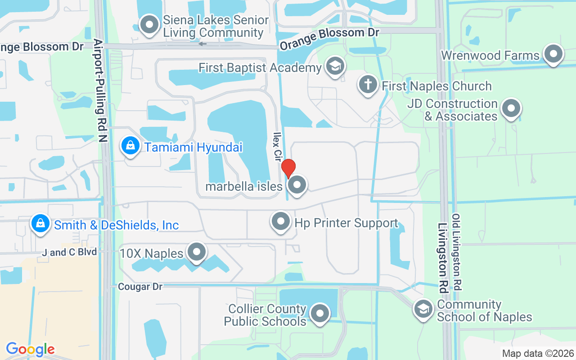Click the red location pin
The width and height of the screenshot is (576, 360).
288,168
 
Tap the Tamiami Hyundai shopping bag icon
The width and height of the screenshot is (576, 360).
130,146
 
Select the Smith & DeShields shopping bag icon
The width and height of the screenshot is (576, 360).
40,223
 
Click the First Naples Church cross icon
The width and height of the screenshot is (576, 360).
368,84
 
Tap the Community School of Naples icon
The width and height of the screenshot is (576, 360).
423,309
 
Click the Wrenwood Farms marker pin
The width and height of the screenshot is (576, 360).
553,54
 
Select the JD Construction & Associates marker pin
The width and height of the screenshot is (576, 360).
511,109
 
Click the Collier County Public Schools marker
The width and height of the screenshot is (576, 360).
320,313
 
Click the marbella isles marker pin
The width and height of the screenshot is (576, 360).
297,185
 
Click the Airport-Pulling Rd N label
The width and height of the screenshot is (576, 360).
100,90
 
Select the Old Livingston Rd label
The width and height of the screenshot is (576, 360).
457,252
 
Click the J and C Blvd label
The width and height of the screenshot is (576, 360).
69,252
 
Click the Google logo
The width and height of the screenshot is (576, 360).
30,349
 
